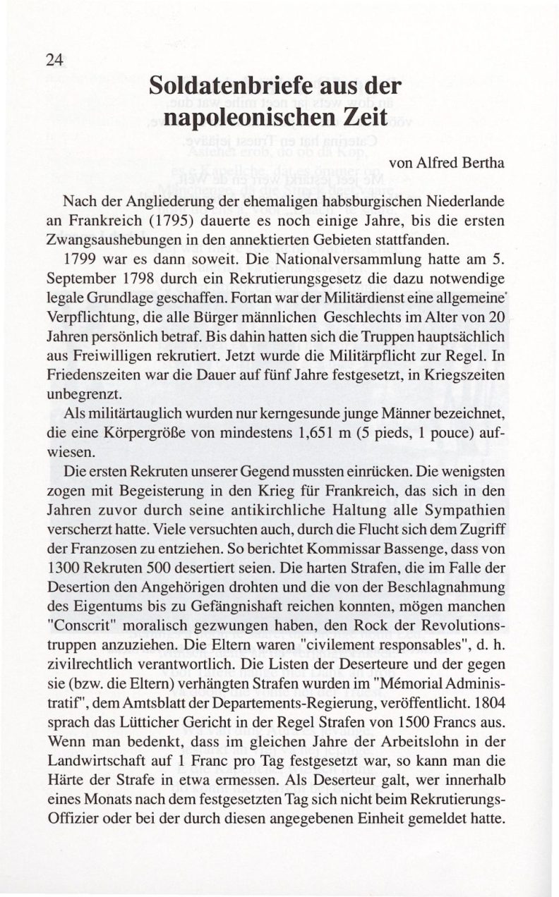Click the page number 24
pyautogui.click(x=54, y=60)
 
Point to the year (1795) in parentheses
pyautogui.click(x=186, y=219)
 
